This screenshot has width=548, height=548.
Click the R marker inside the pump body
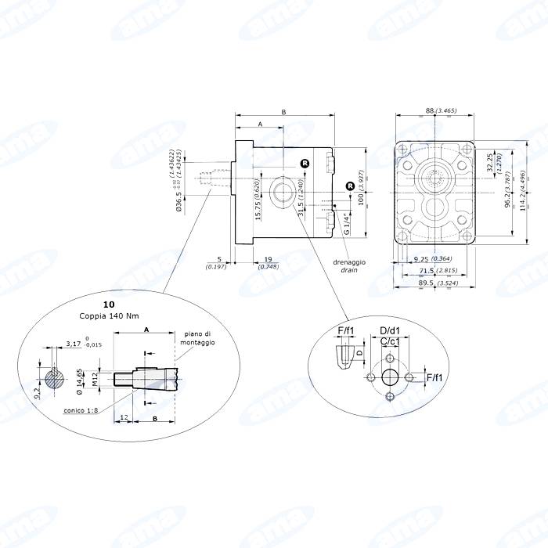pos(305,163)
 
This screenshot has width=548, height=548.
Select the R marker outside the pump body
pos(350,186)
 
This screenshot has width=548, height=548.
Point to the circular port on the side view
pos(280,192)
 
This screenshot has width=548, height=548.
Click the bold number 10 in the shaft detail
pos(108,303)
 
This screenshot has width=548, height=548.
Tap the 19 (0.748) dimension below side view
pos(268,262)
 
